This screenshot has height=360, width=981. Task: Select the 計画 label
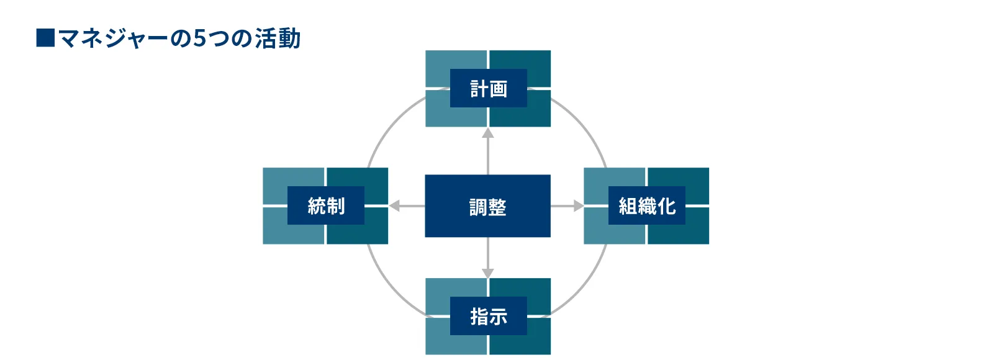(x=488, y=89)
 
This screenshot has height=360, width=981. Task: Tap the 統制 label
(x=325, y=205)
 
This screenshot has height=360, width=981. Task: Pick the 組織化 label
(x=646, y=205)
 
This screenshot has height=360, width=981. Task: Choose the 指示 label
(x=488, y=317)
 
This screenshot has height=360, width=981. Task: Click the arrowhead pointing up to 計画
(x=488, y=133)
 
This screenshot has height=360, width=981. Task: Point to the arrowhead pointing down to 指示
(x=488, y=273)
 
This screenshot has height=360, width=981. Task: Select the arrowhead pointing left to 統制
(x=394, y=205)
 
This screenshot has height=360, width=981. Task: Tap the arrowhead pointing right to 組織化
(x=578, y=205)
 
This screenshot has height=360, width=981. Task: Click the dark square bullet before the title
(x=45, y=38)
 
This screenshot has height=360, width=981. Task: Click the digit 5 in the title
(x=199, y=38)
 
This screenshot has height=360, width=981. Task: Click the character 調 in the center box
(x=478, y=207)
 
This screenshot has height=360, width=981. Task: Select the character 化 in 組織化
(x=667, y=205)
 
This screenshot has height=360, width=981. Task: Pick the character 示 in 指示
(x=498, y=317)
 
